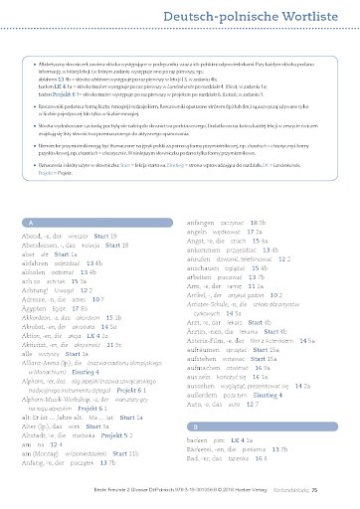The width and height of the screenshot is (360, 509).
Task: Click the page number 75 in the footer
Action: click(x=342, y=490)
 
